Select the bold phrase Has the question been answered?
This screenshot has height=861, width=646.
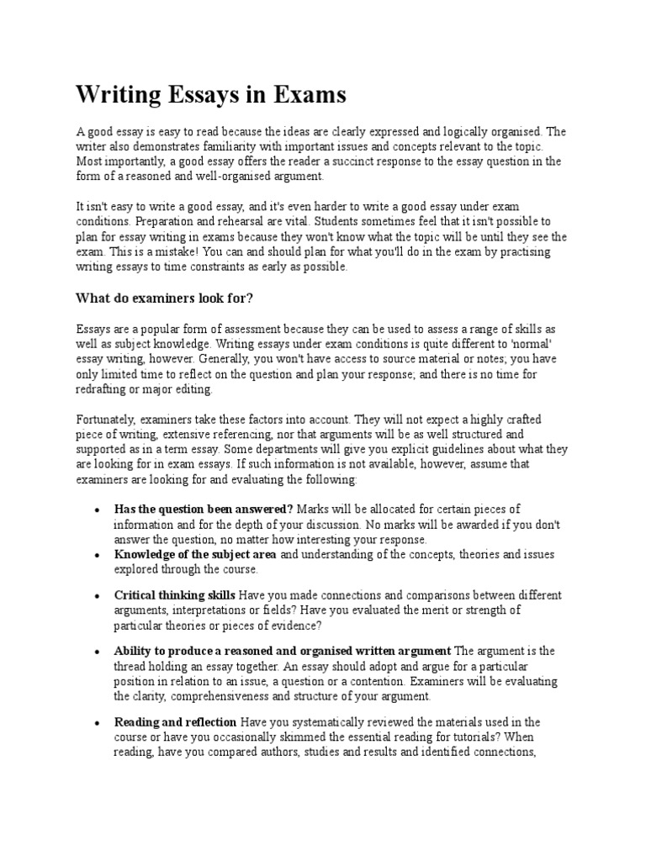point(204,510)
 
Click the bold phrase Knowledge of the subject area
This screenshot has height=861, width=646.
point(196,555)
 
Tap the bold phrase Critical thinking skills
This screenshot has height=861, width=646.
point(175,595)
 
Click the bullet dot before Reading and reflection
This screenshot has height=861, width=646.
point(98,723)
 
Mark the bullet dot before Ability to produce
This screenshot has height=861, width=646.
point(98,652)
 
